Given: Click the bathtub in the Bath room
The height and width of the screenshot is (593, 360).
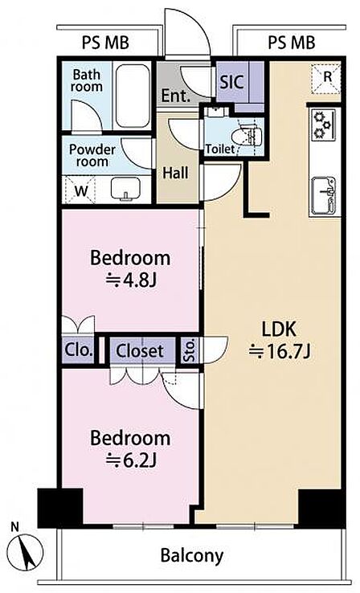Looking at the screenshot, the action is click(132, 96).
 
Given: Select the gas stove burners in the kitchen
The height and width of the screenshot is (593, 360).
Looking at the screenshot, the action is click(323, 124).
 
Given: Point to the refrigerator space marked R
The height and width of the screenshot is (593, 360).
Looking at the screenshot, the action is click(326, 79).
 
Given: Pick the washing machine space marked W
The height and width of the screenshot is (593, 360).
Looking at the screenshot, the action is click(80, 190).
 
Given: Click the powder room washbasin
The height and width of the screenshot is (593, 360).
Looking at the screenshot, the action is click(125, 188).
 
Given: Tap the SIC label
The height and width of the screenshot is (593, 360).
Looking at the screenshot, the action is click(231, 82).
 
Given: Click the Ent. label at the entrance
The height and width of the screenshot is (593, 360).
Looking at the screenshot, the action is click(175, 96).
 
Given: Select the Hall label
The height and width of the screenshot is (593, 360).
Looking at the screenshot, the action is click(175, 173).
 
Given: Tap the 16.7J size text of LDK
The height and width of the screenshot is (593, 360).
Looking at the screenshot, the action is click(280, 352).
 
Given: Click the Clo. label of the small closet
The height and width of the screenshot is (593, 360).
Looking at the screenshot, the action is click(79, 350).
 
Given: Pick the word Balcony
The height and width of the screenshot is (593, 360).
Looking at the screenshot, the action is click(192, 556).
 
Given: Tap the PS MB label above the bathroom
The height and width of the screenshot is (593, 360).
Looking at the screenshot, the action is click(105, 43).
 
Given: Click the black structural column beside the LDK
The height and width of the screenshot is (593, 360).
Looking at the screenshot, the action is click(321, 507).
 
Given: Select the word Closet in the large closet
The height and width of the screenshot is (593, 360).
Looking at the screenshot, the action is click(140, 351).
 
